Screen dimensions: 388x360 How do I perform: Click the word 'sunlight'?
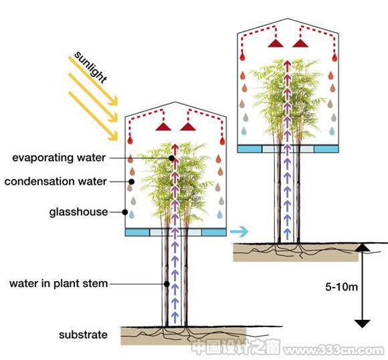click(90, 68)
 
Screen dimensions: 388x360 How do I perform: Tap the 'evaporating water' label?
click(59, 158)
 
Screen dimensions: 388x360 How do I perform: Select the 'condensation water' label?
click(56, 181)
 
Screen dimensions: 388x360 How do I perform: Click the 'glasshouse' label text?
click(78, 212)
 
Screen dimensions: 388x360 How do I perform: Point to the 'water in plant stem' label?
click(59, 284)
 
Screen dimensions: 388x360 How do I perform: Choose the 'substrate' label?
click(83, 335)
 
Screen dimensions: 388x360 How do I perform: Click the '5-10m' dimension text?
click(341, 286)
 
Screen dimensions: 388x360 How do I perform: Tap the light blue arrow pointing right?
click(239, 232)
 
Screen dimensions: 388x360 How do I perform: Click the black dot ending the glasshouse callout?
click(125, 212)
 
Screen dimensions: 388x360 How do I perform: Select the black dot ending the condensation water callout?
click(132, 182)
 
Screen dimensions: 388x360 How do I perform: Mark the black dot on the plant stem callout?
click(167, 284)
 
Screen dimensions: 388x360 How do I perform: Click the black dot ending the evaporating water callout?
click(171, 158)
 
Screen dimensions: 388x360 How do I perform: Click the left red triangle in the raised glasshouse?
click(276, 43)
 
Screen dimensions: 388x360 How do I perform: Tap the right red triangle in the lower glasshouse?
click(188, 126)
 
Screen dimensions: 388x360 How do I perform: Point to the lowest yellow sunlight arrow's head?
click(114, 137)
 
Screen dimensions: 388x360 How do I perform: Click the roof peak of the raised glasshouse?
click(288, 19)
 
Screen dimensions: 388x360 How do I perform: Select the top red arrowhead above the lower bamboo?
click(175, 148)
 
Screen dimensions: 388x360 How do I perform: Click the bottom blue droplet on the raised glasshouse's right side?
click(332, 131)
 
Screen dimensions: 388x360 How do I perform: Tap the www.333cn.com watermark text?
click(333, 351)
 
